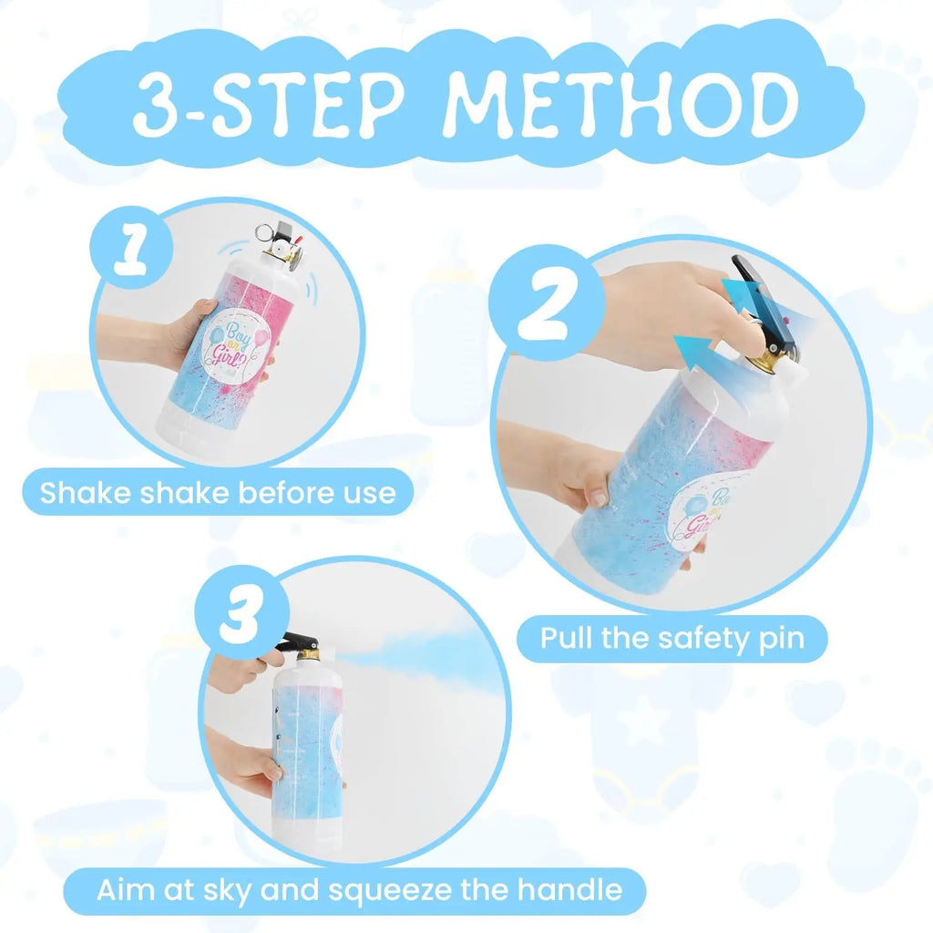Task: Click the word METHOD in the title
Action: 620,104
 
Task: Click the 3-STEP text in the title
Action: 268,104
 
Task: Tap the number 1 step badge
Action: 131,247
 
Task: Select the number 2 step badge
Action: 547,302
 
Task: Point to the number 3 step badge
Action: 241,613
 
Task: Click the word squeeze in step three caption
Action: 390,891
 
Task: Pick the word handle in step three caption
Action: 569,889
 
